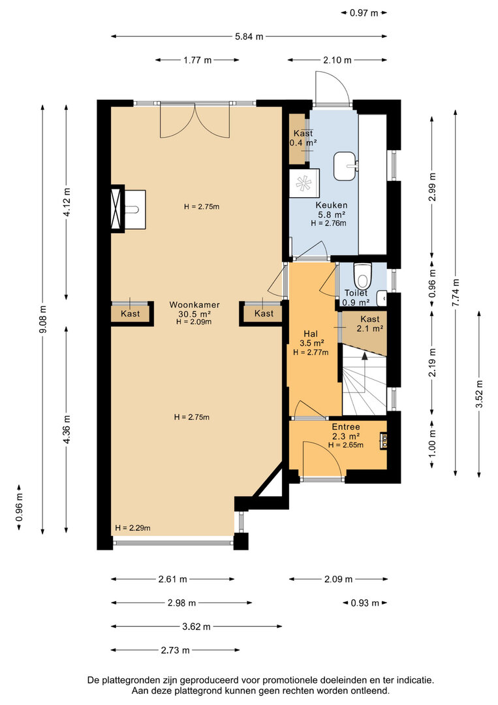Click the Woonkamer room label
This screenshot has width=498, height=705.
coord(194,305)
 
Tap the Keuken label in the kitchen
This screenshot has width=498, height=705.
coord(332,205)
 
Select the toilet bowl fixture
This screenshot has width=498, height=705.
coord(362,275)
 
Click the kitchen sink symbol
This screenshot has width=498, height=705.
coord(346,166)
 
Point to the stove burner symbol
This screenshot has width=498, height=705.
coord(303,183)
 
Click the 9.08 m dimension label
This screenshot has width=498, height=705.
coord(42,319)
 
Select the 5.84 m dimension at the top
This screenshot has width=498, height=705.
coord(249,37)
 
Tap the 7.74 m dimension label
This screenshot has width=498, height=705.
coord(456,292)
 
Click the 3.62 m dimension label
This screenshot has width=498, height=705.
coord(196,626)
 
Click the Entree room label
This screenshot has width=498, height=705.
coord(346,427)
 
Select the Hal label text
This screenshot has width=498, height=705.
coord(311,334)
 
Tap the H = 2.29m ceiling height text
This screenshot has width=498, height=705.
coord(132,528)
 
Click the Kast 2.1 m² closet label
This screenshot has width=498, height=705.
coord(370,324)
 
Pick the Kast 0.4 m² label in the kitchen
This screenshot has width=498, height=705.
coord(303,138)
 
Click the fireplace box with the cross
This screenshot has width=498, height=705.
coord(117,208)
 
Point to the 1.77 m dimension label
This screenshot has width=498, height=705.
coord(197,60)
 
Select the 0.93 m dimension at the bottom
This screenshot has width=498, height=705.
coord(364,603)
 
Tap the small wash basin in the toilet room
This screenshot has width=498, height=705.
coord(382,297)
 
